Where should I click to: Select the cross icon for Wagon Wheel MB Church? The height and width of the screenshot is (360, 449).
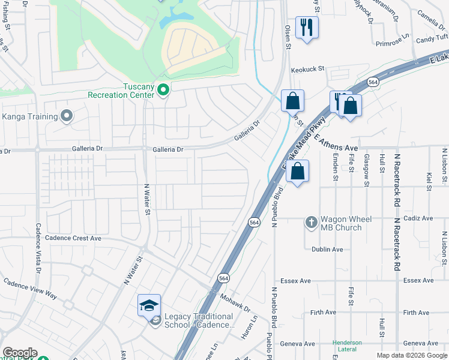click(x=311, y=223)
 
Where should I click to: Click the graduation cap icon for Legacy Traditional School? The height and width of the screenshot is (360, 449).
click(x=149, y=305)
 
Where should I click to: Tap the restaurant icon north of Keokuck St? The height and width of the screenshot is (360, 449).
click(x=307, y=27)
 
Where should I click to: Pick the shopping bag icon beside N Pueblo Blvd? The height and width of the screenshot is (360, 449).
click(x=297, y=172)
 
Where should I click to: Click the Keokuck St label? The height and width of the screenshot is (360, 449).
click(x=307, y=70)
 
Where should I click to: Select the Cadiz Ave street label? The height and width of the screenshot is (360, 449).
click(x=418, y=218)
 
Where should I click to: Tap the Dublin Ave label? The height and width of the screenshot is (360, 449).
click(x=327, y=249)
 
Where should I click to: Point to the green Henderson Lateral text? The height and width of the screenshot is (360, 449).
click(x=348, y=346)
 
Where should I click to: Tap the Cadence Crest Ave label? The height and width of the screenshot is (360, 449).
click(x=73, y=238)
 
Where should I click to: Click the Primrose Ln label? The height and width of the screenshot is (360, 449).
click(x=391, y=43)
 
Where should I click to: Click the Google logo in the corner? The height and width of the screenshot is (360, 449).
click(x=19, y=353)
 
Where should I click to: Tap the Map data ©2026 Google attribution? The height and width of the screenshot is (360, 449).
click(x=412, y=355)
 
